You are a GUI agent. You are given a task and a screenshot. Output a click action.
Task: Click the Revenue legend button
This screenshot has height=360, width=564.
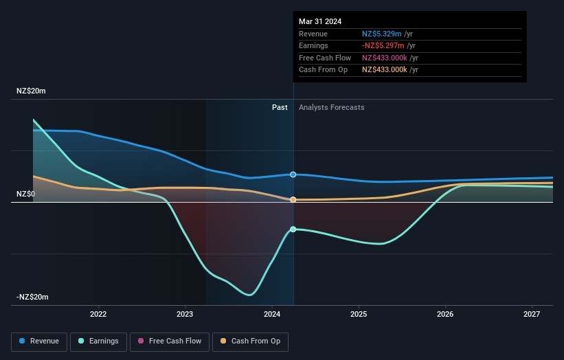tap(39, 341)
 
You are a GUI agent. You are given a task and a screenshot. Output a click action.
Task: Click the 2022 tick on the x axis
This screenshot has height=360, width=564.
tap(98, 315)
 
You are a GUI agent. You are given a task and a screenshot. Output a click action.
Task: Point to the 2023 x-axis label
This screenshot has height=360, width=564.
tap(185, 315)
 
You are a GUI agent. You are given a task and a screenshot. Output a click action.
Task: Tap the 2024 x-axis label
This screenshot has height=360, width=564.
tap(271, 315)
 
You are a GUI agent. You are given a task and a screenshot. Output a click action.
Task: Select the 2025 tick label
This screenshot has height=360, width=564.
tap(358, 315)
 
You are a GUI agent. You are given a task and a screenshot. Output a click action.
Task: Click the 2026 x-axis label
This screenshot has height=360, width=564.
tap(445, 315)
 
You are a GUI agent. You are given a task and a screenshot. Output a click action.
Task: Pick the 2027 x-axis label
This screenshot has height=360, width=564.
tap(532, 315)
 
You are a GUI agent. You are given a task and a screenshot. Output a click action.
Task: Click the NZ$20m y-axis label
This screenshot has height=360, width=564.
tap(31, 91)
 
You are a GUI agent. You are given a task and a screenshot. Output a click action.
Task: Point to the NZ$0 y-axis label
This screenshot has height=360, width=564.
tap(26, 194)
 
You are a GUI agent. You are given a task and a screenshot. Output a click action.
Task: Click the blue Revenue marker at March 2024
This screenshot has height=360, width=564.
tap(293, 175)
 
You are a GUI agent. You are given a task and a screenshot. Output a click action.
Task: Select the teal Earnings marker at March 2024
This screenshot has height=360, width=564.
tap(293, 229)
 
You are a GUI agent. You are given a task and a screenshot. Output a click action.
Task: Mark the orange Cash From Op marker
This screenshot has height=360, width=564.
tap(293, 200)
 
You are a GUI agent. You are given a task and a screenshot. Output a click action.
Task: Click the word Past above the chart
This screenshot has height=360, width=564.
tap(280, 107)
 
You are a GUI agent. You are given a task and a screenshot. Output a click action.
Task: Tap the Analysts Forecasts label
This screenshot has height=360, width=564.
tap(331, 107)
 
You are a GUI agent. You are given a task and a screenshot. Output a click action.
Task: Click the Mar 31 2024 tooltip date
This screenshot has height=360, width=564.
tap(320, 21)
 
